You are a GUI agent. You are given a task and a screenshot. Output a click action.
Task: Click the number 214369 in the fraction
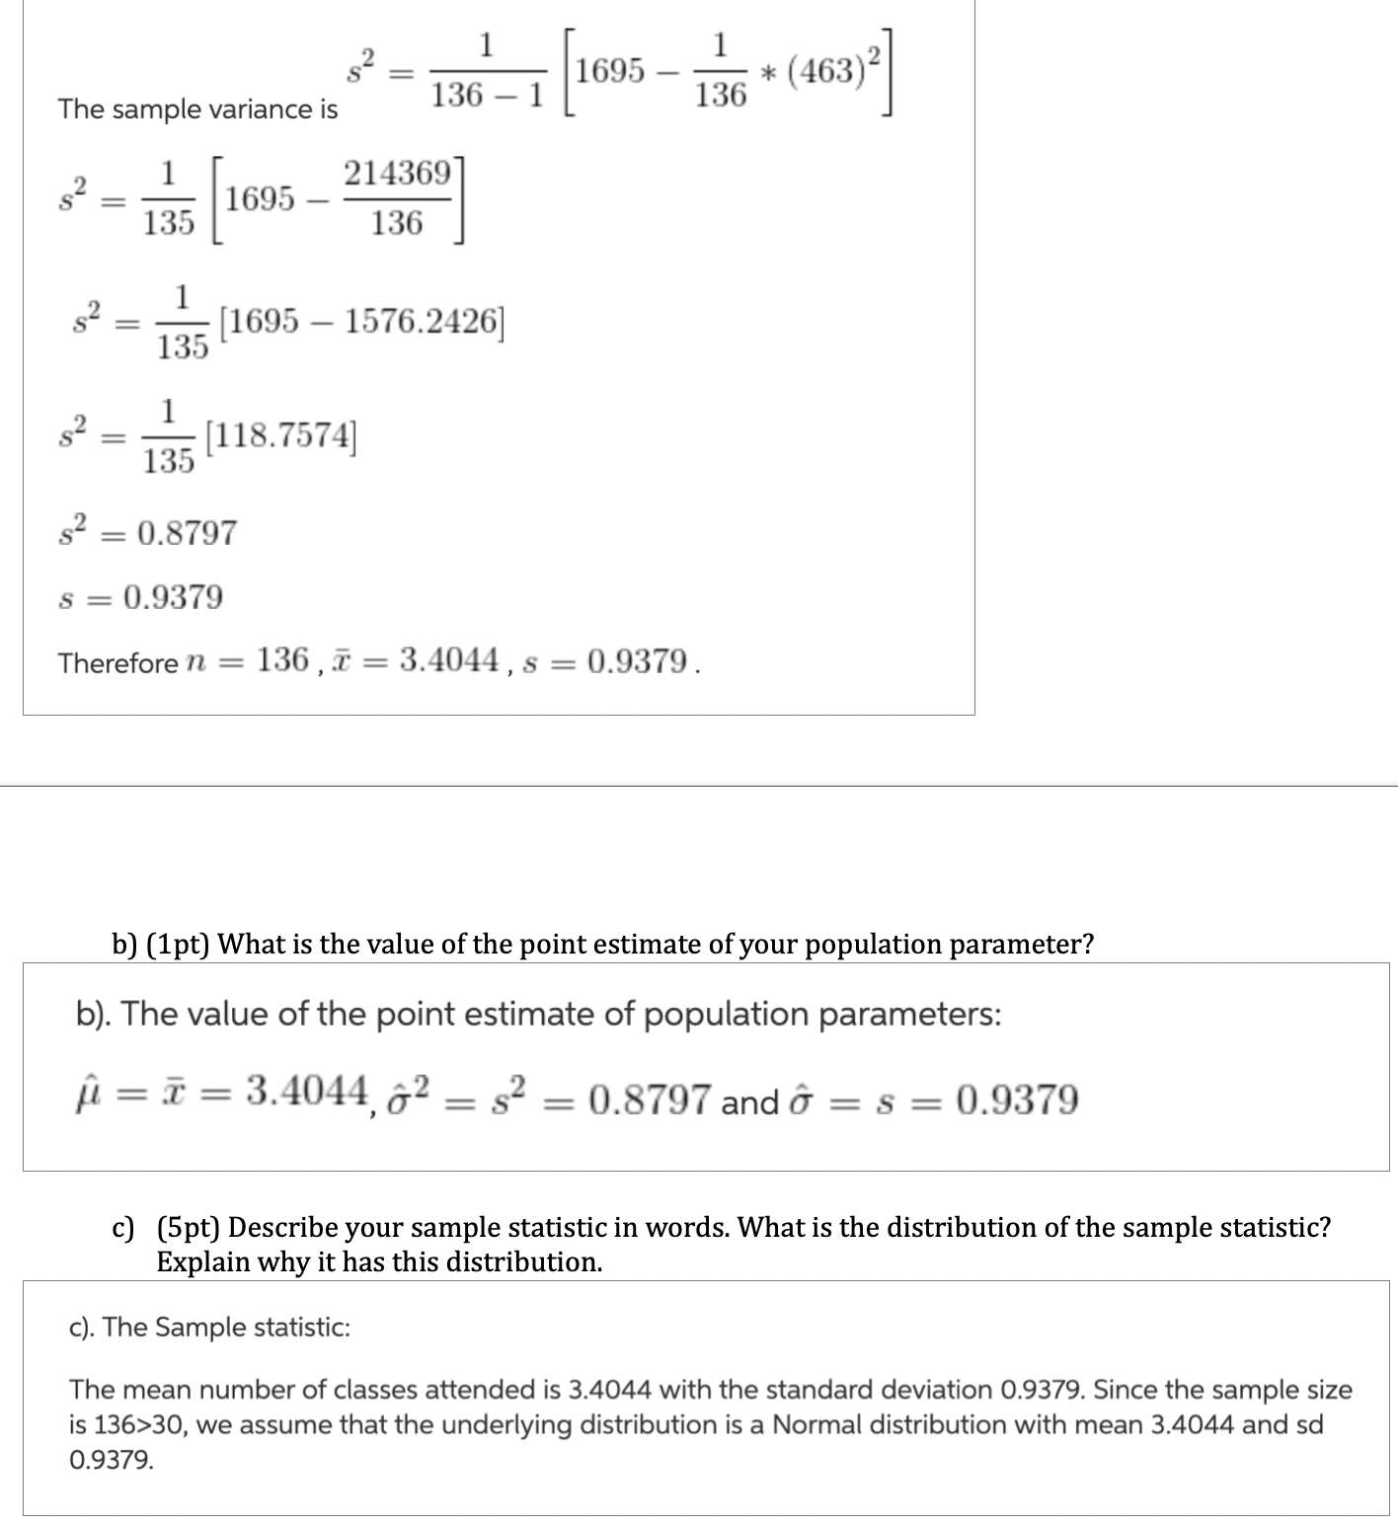(396, 174)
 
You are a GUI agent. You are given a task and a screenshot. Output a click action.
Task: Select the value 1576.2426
(419, 322)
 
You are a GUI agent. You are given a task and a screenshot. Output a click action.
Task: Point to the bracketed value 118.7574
(281, 435)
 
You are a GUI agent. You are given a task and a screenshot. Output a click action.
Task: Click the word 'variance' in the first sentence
(247, 110)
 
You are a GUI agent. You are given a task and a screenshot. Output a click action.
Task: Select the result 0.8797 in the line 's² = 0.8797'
(187, 533)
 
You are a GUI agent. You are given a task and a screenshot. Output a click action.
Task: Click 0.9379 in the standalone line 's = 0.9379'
(173, 597)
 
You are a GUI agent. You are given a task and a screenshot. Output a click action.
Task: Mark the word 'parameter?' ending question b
(1034, 945)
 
